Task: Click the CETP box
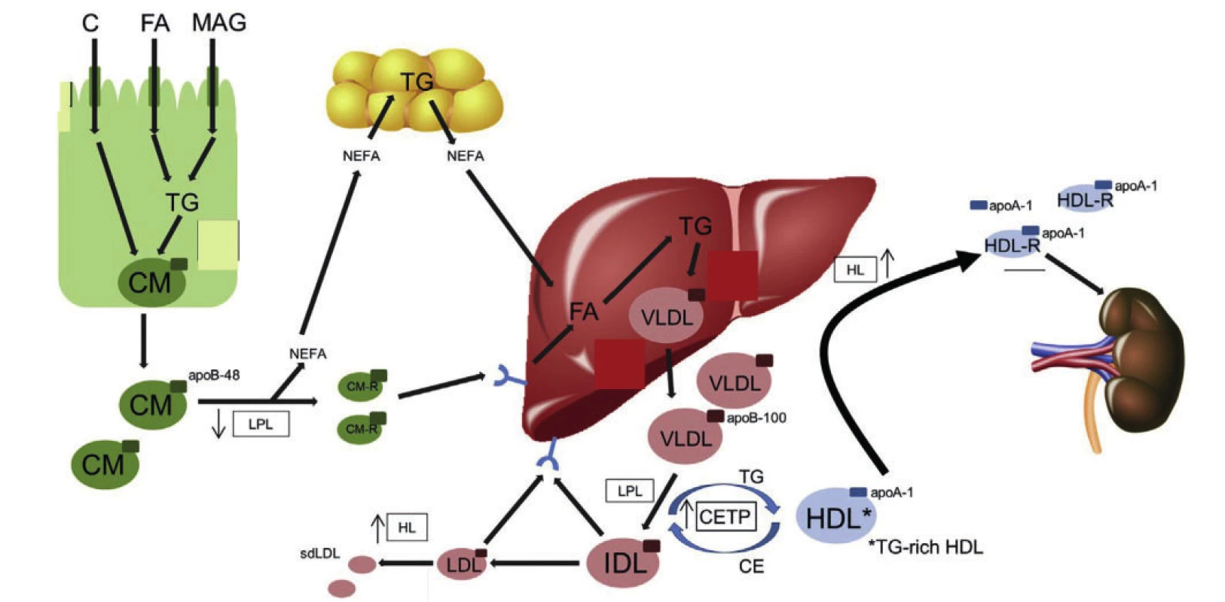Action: point(726,517)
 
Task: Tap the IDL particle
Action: point(622,563)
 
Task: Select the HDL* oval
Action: point(835,515)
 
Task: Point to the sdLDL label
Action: point(320,554)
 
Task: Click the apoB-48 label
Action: point(214,375)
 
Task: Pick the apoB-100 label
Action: point(756,418)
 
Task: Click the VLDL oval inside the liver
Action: point(667,315)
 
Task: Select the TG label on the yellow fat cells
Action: point(417,82)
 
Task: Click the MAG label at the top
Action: point(218,23)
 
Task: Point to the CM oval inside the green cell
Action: point(151,282)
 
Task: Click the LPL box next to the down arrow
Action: point(261,424)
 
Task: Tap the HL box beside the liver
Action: point(855,269)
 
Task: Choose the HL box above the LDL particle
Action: point(407,528)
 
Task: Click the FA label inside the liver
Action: point(584,312)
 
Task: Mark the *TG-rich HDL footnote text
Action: point(925,547)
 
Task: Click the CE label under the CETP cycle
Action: point(751,567)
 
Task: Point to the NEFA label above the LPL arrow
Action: point(308,354)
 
